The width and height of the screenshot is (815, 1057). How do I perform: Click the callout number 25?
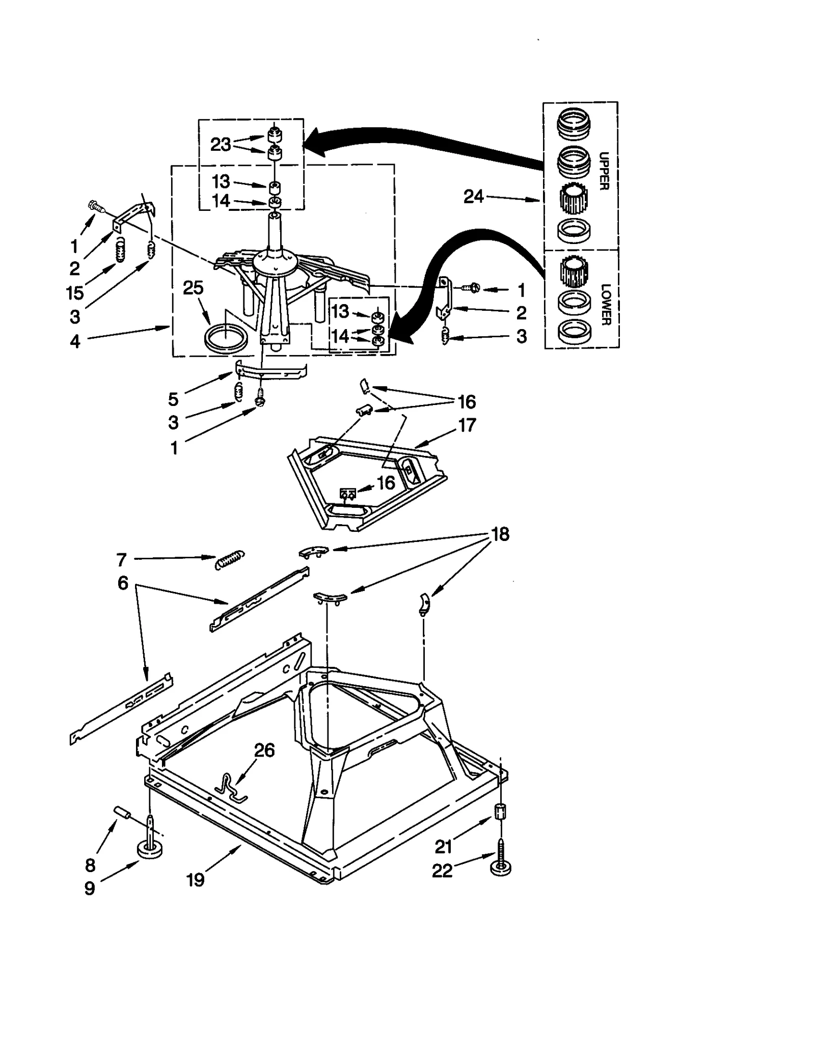tap(193, 288)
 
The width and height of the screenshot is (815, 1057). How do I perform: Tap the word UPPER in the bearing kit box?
tap(604, 171)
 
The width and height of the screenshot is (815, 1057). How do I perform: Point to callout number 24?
tap(473, 196)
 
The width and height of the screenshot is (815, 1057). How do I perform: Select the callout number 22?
tap(442, 871)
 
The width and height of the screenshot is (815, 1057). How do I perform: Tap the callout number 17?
tap(467, 425)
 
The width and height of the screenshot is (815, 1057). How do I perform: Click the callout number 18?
tap(500, 534)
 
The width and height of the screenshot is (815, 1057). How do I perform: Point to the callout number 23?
tap(221, 145)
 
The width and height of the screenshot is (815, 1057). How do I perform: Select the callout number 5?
tap(174, 399)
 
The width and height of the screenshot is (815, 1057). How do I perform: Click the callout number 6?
tap(123, 583)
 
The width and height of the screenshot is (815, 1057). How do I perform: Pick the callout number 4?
tap(75, 341)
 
